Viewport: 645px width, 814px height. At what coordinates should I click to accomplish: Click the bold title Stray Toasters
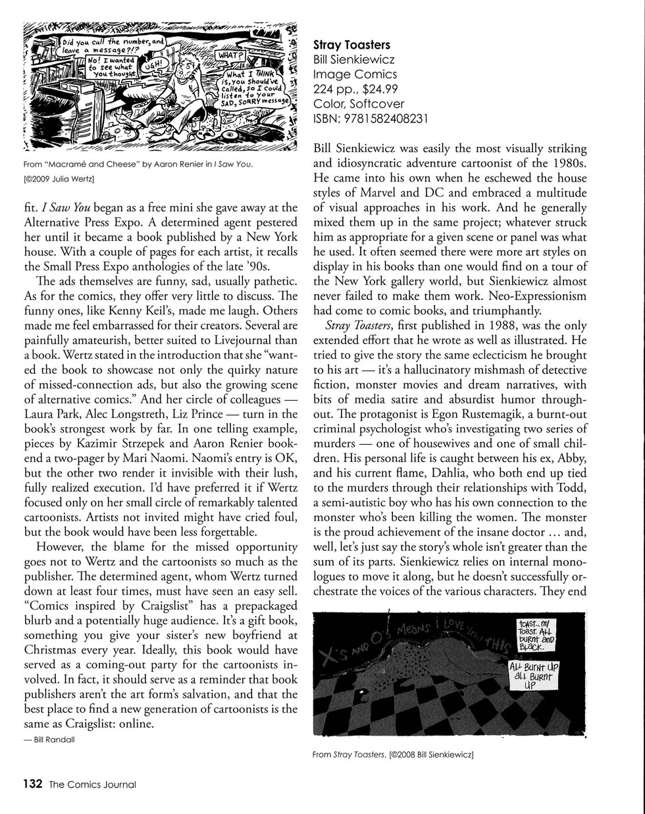click(351, 45)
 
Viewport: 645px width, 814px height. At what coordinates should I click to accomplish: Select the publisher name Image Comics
click(355, 74)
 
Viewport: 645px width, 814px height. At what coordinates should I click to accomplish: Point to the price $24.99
click(380, 89)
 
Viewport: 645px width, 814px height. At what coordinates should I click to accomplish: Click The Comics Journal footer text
click(92, 784)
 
